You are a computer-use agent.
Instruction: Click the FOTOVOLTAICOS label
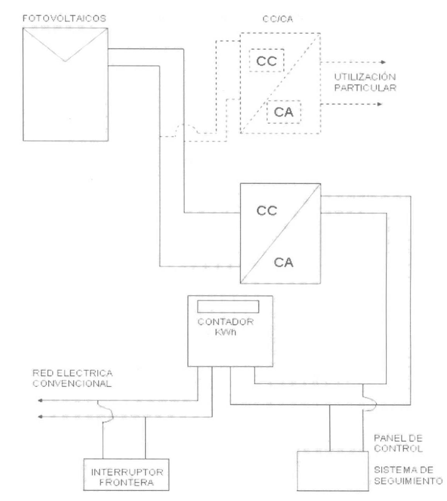point(64,19)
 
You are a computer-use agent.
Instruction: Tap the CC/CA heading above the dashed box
point(278,19)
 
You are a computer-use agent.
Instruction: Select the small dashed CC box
point(267,61)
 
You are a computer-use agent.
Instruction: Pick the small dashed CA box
point(284,112)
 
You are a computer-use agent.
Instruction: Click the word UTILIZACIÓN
point(365,77)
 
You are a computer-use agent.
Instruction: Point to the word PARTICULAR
point(365,88)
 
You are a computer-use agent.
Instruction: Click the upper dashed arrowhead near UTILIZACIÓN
point(383,62)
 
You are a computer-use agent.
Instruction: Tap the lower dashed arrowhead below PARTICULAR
point(380,104)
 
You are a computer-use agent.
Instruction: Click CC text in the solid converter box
point(267,211)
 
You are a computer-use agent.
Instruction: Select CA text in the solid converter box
point(284,262)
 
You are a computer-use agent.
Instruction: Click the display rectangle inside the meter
point(228,307)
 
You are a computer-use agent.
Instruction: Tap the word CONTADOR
point(226,322)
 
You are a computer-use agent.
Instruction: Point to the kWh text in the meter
point(226,332)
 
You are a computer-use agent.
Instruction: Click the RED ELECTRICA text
point(73,373)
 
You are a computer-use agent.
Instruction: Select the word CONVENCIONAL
point(72,384)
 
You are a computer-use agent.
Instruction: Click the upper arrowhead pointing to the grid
point(40,400)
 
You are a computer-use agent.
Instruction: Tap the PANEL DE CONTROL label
point(398,443)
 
